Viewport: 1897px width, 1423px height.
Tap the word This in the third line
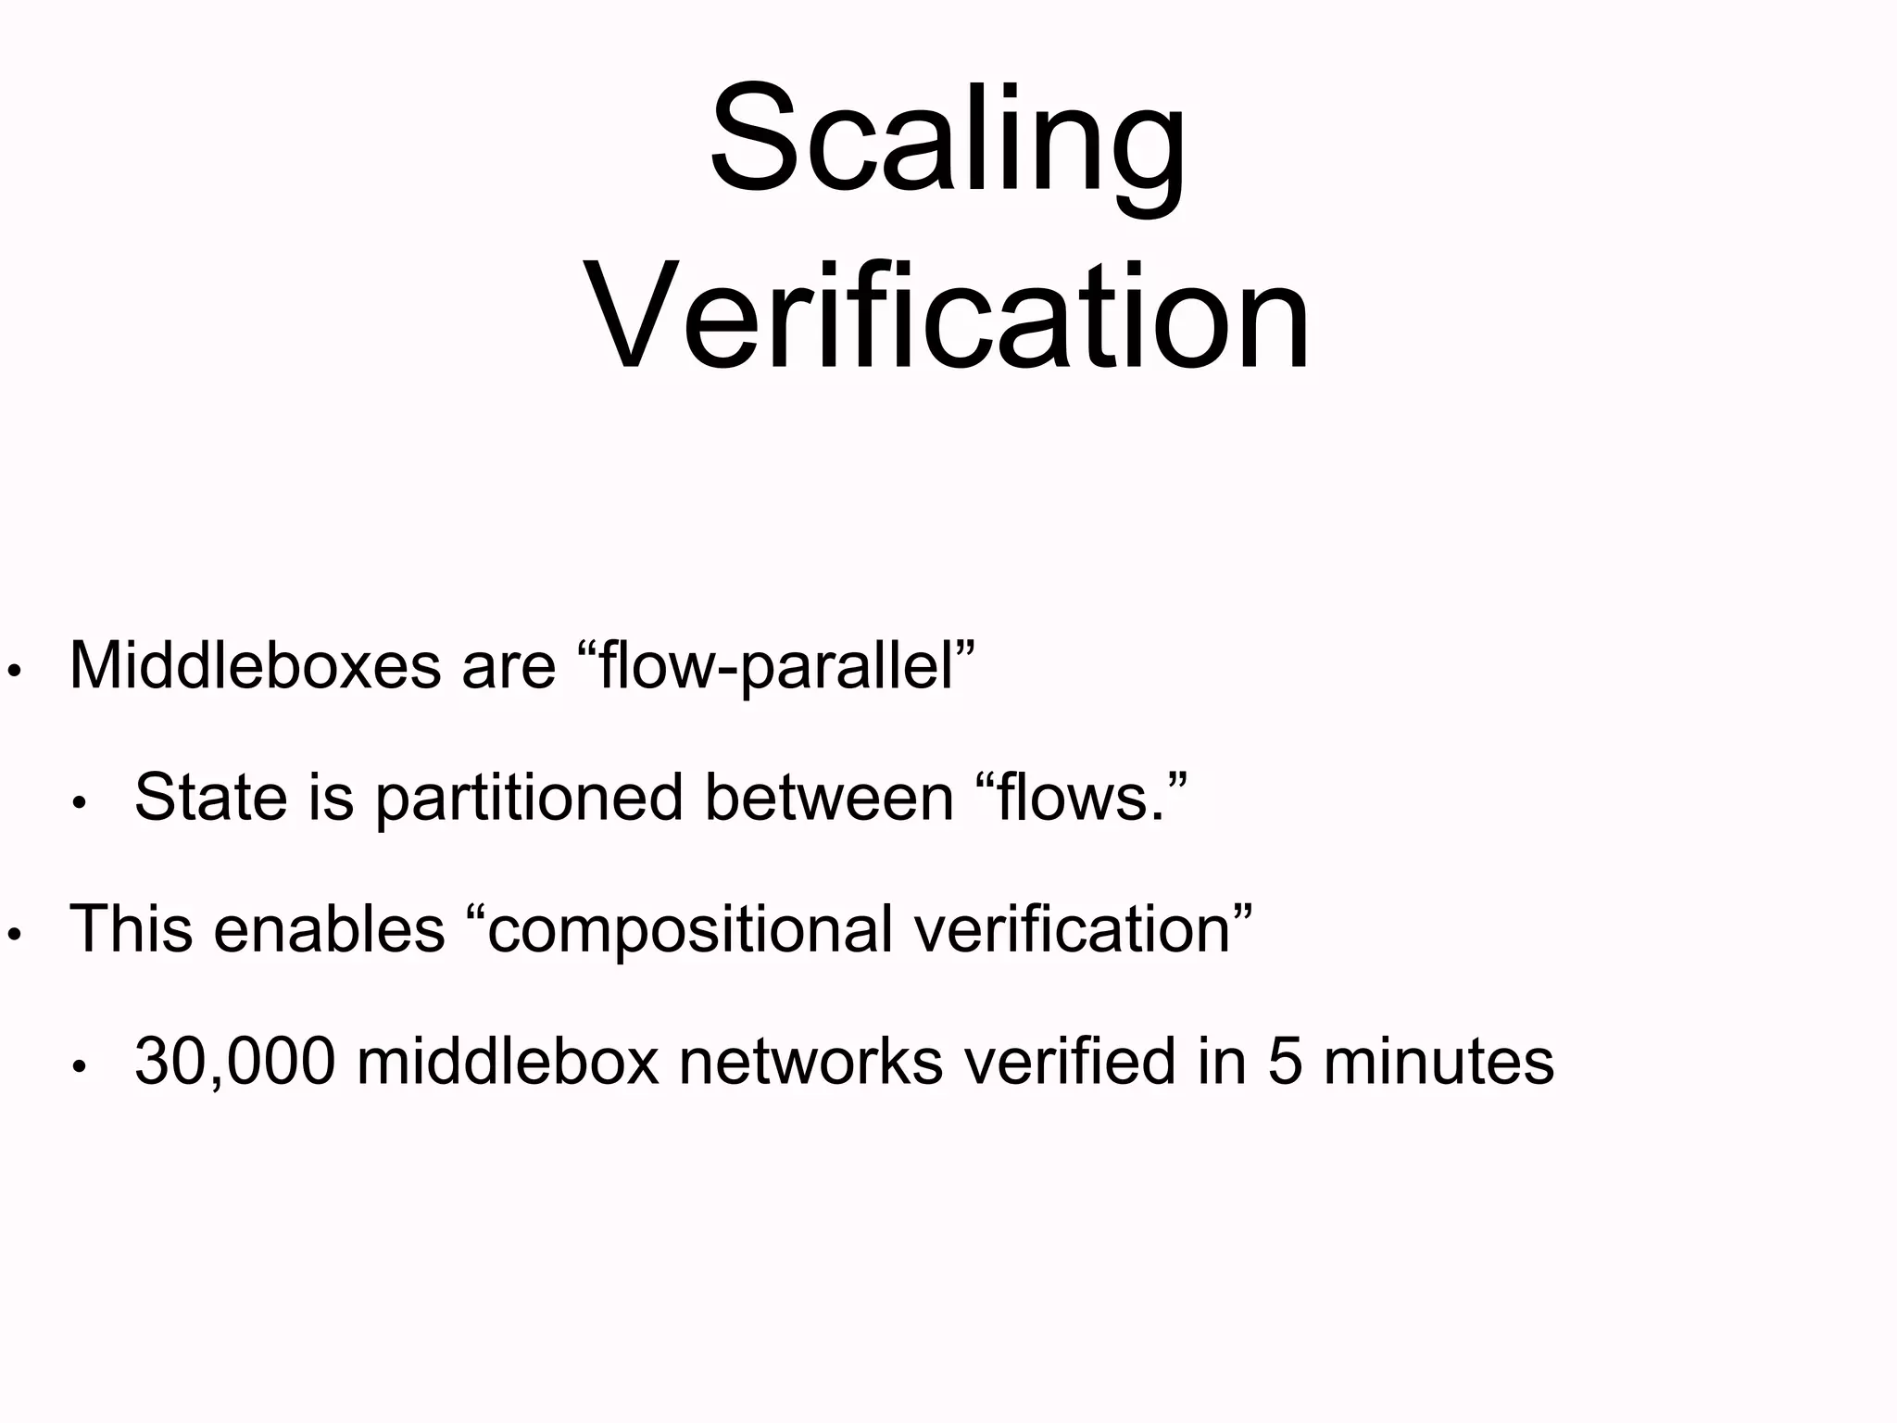[x=131, y=928]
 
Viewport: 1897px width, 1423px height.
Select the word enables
[x=329, y=928]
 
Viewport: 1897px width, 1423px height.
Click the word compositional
[x=690, y=930]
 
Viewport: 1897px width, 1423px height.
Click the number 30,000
[x=234, y=1062]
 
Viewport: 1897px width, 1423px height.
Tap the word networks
[x=810, y=1061]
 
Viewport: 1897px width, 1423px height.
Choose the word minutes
[x=1438, y=1061]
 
